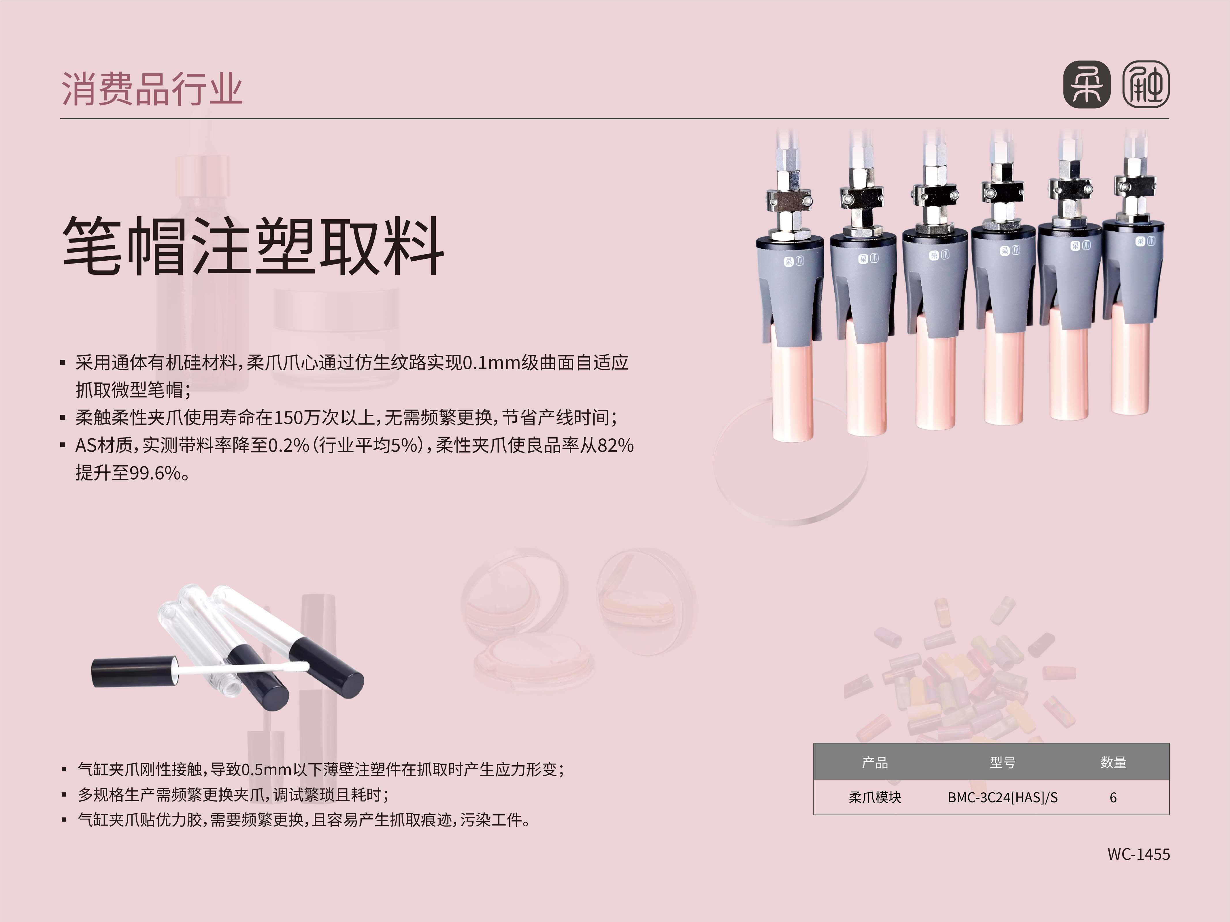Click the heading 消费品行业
click(x=152, y=89)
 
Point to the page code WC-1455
click(x=1139, y=854)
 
